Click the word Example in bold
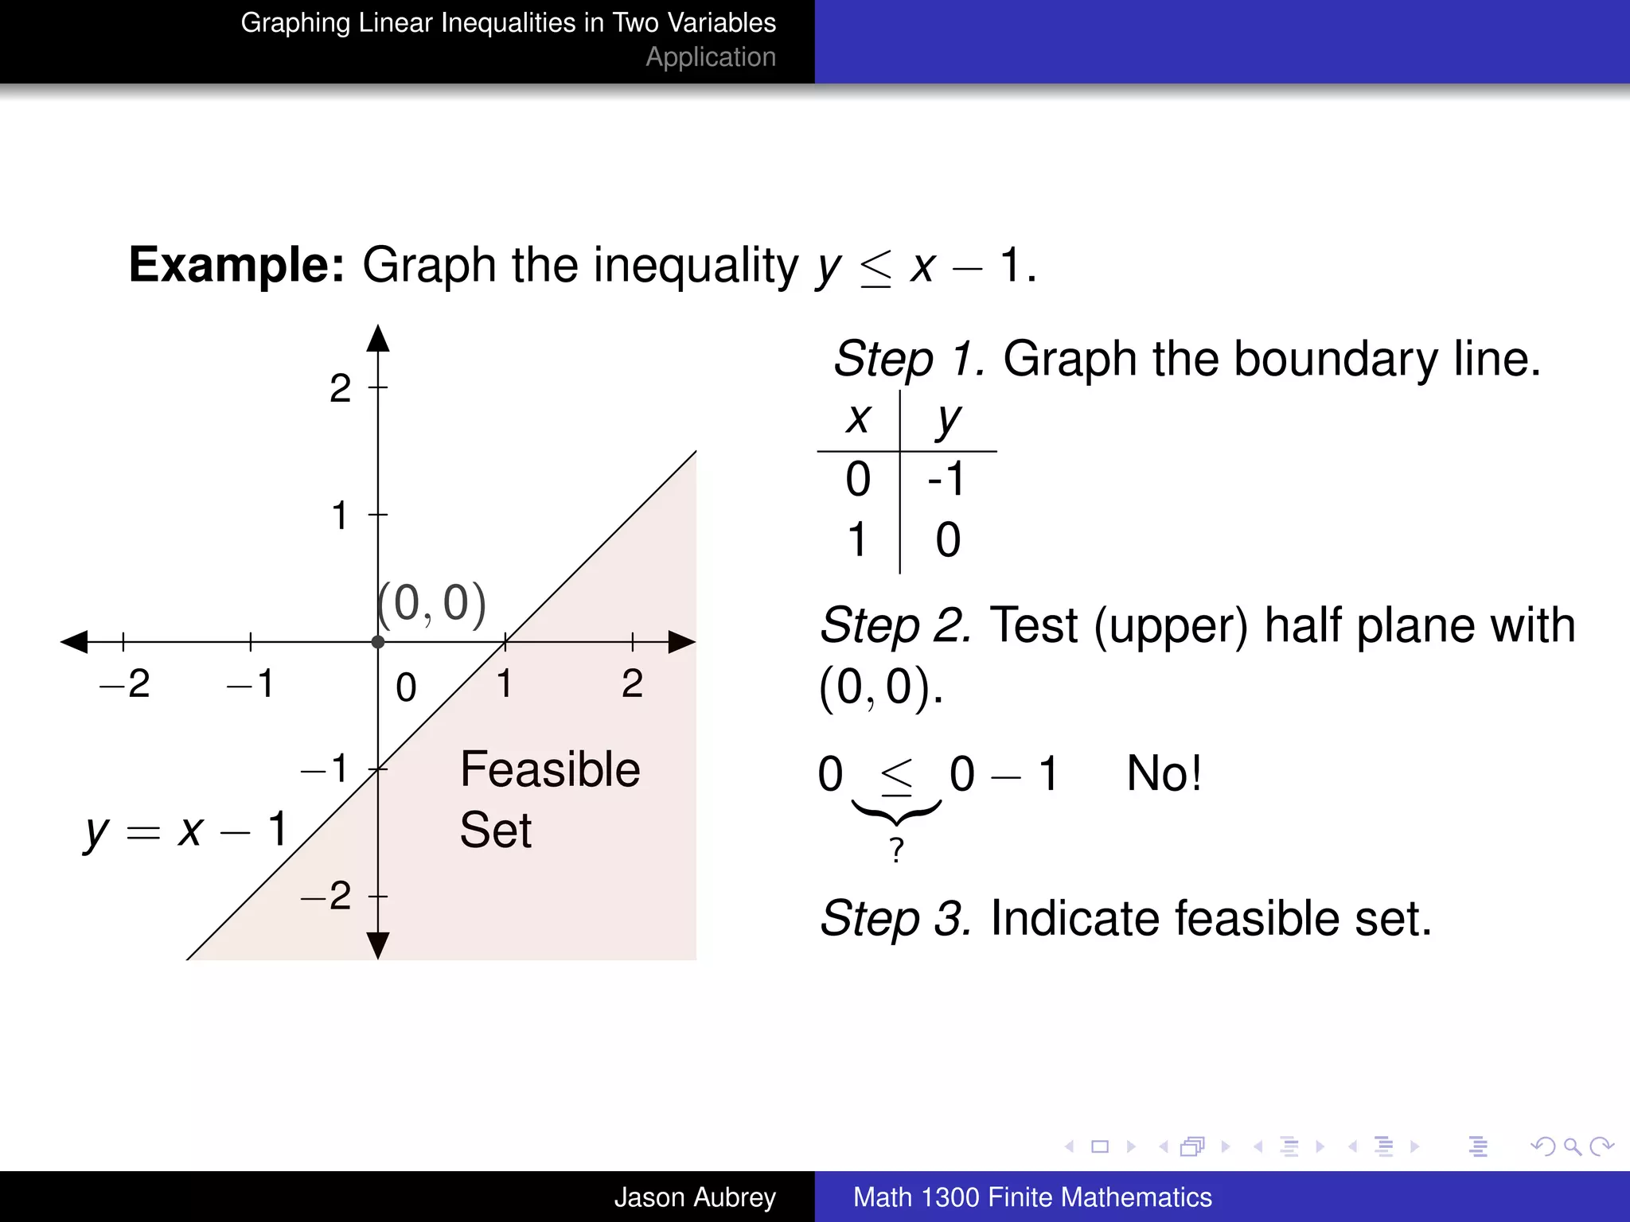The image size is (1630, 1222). (236, 265)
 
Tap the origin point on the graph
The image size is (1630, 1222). (378, 641)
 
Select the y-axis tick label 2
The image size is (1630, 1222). (340, 389)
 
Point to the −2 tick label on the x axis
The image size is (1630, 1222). (125, 683)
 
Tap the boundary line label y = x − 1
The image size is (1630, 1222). (185, 831)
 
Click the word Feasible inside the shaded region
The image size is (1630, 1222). (550, 769)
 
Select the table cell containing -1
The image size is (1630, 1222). (946, 479)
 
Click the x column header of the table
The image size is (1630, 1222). (858, 418)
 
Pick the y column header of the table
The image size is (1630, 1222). (948, 419)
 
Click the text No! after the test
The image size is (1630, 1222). (1164, 773)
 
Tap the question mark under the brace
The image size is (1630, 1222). (897, 850)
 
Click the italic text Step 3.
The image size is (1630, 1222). (896, 919)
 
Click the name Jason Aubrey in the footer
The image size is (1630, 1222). (695, 1197)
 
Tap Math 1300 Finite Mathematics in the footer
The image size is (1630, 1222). (1032, 1197)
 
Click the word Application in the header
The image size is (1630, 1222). (711, 57)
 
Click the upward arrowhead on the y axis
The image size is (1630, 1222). (378, 337)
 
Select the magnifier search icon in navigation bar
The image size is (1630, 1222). (1572, 1146)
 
